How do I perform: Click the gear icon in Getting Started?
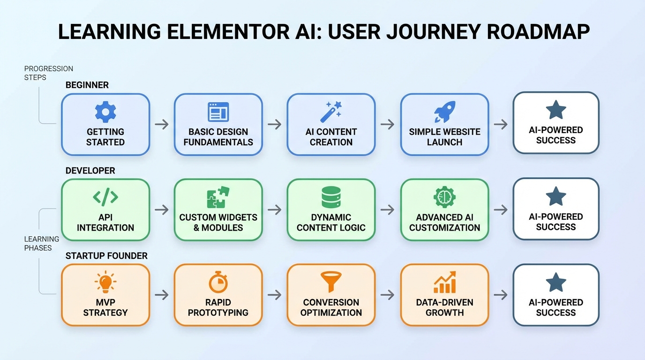point(105,112)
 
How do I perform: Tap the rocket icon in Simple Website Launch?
point(444,112)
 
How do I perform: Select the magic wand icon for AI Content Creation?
point(331,112)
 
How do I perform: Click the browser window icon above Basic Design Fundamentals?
point(218,112)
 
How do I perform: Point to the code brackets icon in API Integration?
point(105,197)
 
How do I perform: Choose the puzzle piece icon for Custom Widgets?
point(218,197)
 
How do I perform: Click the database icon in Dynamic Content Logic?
point(331,197)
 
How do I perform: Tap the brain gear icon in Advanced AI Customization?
point(444,197)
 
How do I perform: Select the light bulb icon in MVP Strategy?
point(105,283)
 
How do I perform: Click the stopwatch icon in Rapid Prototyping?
point(218,283)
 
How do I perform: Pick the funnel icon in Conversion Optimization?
point(331,283)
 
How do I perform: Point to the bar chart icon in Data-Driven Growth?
point(444,283)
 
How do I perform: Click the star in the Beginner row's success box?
point(556,110)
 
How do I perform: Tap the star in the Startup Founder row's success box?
point(556,283)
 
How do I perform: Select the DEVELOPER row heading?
point(90,171)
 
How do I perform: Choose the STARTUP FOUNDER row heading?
point(106,256)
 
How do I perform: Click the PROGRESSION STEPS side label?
point(48,73)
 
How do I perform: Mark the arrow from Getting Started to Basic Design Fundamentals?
point(162,124)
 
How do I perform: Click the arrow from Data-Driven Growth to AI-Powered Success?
point(501,295)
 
